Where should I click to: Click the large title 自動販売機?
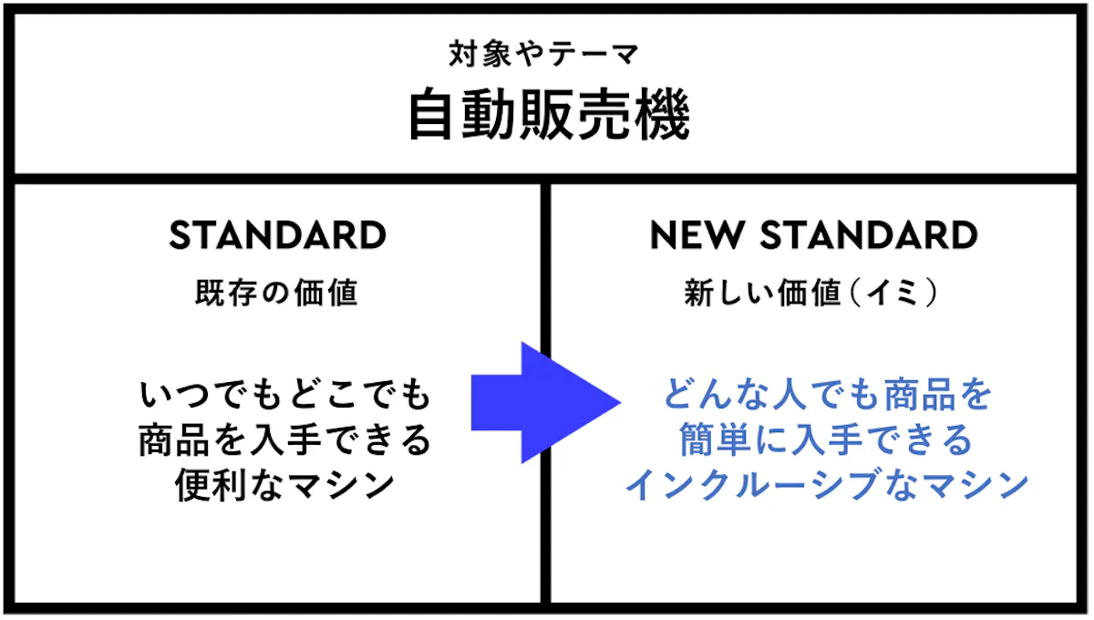point(549,114)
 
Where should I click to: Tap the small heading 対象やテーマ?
point(544,54)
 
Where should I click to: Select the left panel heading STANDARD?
point(278,235)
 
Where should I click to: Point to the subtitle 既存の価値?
point(277,293)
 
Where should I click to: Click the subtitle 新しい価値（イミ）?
point(810,293)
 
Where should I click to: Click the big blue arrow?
point(546,403)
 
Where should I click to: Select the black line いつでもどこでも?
point(284,394)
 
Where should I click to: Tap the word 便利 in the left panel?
point(211,485)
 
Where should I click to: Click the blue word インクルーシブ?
point(754,484)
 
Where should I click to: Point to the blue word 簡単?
point(715,439)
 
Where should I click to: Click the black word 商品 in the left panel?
point(174,439)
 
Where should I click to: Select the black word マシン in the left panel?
point(341,485)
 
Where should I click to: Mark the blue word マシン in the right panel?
point(975,484)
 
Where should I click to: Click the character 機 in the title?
point(662,114)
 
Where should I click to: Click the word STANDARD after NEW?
point(870,235)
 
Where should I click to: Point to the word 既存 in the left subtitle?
point(226,293)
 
